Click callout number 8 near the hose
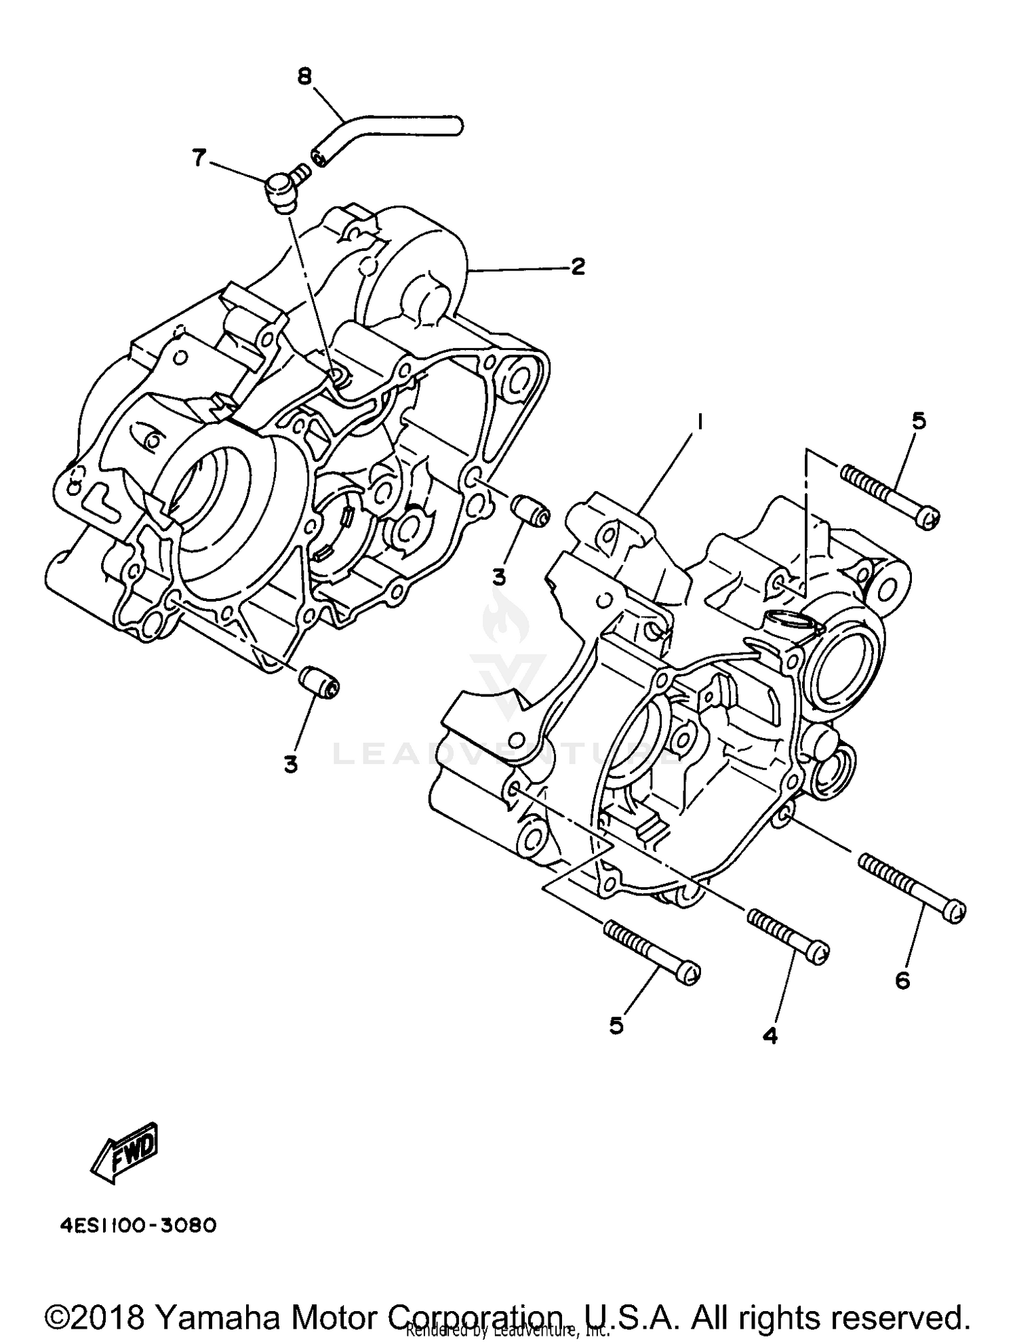point(304,77)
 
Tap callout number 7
point(199,158)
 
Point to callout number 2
point(577,267)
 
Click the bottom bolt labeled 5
point(651,952)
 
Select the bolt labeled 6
point(912,887)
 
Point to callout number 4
point(770,1036)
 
